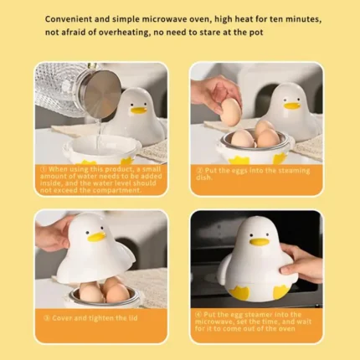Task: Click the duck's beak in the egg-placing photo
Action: pyautogui.click(x=291, y=105)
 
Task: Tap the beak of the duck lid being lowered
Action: pyautogui.click(x=96, y=237)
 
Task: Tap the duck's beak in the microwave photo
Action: pyautogui.click(x=260, y=241)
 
